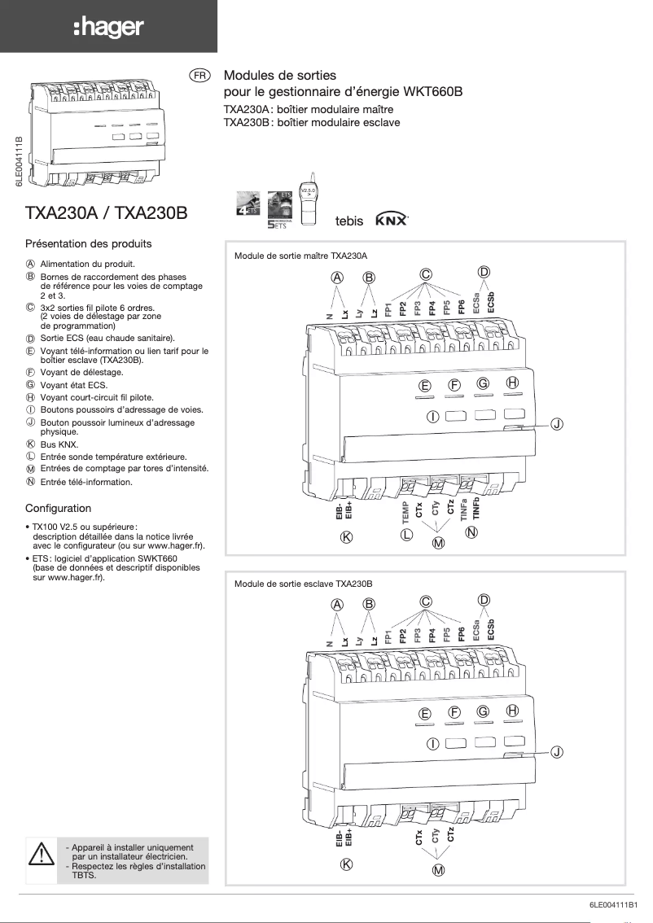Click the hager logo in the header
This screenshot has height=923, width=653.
(x=108, y=28)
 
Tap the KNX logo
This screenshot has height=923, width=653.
(x=392, y=221)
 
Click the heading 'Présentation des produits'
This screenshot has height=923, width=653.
(x=89, y=243)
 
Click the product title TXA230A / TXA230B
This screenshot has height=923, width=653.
(x=107, y=213)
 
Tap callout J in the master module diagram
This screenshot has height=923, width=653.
(x=556, y=423)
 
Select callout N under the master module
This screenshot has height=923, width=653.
(x=471, y=532)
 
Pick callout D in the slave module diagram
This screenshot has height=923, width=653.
(x=484, y=600)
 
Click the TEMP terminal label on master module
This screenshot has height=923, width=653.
(x=405, y=511)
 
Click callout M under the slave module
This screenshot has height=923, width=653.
(x=438, y=871)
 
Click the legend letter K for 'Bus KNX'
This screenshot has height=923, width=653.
(x=30, y=444)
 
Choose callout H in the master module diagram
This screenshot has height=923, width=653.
(x=512, y=383)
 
